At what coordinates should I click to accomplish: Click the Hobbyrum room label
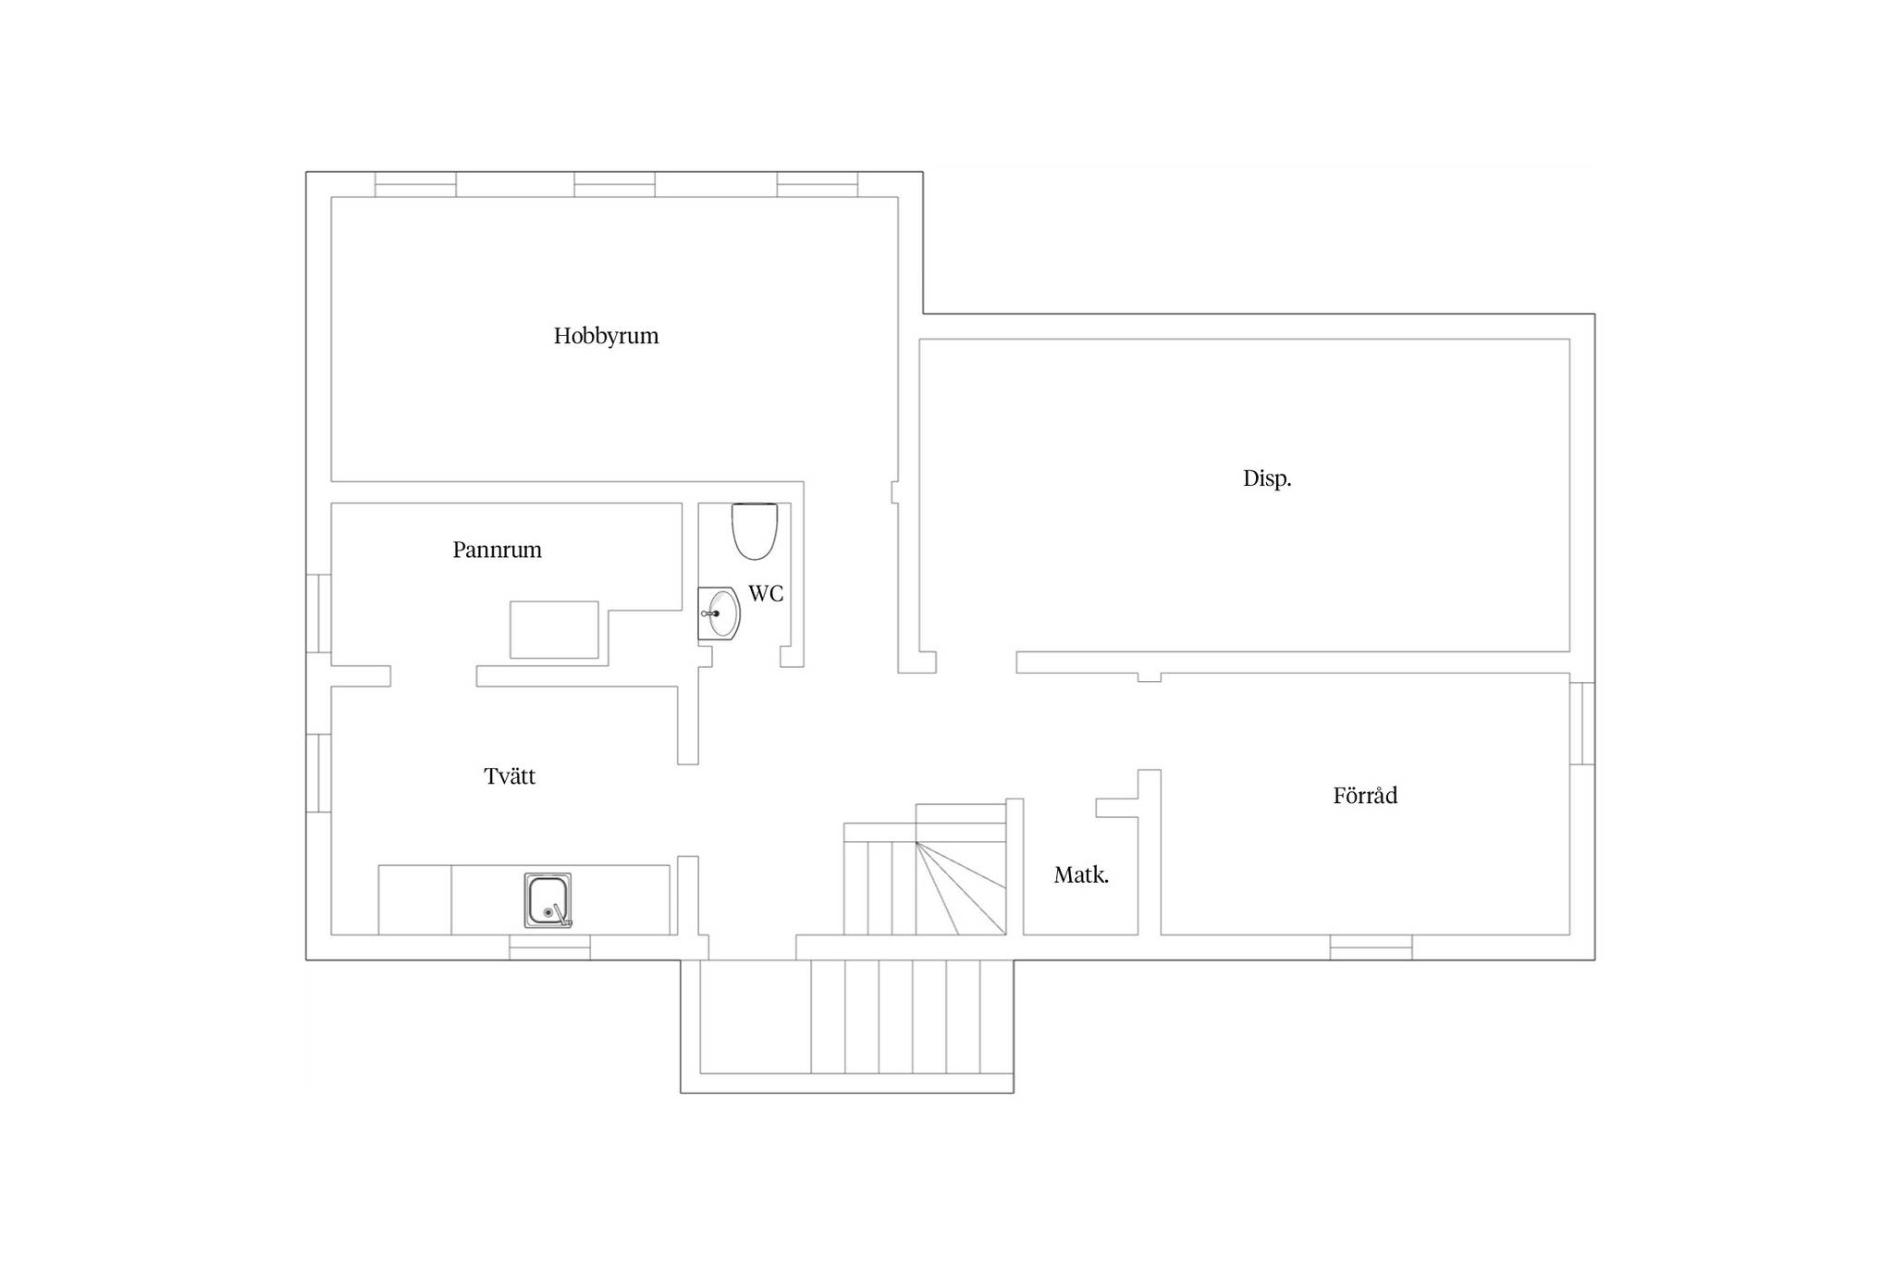[606, 336]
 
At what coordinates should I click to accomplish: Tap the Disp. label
[1267, 478]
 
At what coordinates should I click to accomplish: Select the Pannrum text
[497, 550]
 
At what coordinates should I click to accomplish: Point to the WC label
[766, 594]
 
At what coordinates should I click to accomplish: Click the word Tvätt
[510, 776]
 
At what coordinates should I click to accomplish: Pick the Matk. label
[1081, 875]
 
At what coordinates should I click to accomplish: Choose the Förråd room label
[1365, 796]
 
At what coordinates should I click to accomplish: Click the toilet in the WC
[755, 531]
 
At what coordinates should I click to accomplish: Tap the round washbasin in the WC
[719, 613]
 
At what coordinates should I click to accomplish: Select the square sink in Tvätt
[547, 900]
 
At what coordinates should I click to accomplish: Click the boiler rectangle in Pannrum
[554, 630]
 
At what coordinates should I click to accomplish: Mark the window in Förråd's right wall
[1582, 724]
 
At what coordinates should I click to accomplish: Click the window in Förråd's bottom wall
[1371, 947]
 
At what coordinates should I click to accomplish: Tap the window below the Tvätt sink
[549, 947]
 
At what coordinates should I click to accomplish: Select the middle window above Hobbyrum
[614, 184]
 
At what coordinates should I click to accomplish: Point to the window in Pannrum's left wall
[319, 613]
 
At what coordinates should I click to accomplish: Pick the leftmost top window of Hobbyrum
[415, 184]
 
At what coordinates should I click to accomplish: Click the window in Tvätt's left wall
[319, 774]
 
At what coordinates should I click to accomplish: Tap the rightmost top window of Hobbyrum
[818, 184]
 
